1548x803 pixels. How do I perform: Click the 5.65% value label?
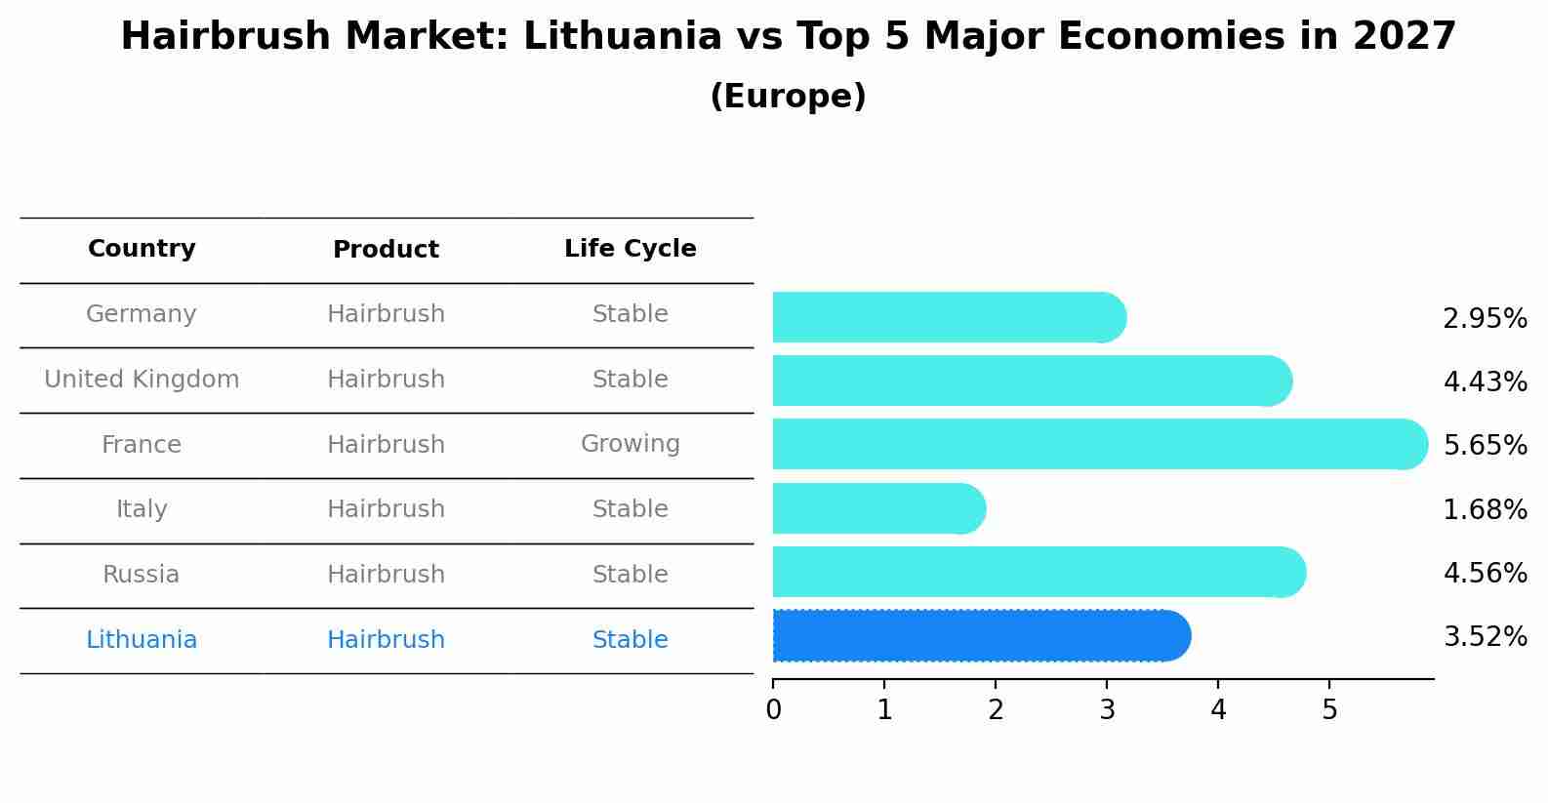click(x=1485, y=446)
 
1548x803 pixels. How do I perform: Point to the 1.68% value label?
click(x=1485, y=509)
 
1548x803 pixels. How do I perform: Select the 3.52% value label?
click(x=1485, y=637)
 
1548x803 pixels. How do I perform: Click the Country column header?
click(x=142, y=249)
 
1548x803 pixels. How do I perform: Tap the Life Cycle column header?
click(x=630, y=249)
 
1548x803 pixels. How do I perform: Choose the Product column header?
click(x=386, y=250)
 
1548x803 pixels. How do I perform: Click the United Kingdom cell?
click(x=142, y=380)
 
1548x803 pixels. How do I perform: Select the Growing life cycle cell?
click(x=630, y=444)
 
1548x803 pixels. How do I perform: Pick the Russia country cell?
click(x=142, y=575)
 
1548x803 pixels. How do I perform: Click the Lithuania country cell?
click(x=142, y=640)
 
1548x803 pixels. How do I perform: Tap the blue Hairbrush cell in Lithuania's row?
click(x=386, y=640)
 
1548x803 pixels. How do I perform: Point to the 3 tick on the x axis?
click(x=1107, y=709)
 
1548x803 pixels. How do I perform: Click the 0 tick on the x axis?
click(x=773, y=709)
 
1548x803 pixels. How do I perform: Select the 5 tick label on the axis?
click(x=1329, y=709)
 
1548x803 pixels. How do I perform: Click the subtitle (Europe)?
click(x=788, y=97)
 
